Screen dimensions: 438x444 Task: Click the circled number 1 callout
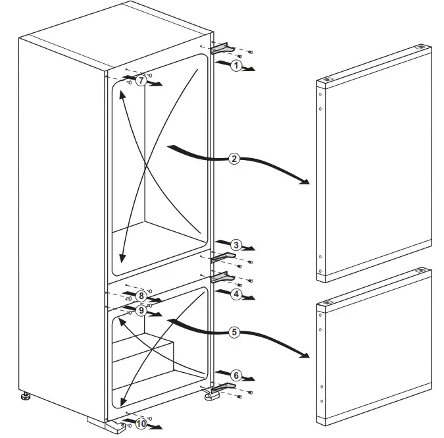click(x=235, y=65)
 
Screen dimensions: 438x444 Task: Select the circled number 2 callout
click(x=234, y=159)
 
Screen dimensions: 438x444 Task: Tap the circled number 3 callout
click(x=235, y=246)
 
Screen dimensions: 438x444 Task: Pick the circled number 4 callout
click(x=235, y=294)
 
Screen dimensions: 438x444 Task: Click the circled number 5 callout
click(x=234, y=333)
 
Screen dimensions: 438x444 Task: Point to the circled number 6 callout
click(x=236, y=375)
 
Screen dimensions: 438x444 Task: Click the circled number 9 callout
click(x=141, y=310)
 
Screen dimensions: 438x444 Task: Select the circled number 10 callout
click(x=141, y=423)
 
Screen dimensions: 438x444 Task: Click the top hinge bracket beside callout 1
click(x=222, y=49)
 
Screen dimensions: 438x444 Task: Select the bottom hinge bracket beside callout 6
click(x=221, y=388)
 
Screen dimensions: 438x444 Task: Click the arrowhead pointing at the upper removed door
click(x=304, y=181)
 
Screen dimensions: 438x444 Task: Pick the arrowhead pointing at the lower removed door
click(x=304, y=356)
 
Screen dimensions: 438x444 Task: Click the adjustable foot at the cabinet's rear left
click(x=25, y=397)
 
